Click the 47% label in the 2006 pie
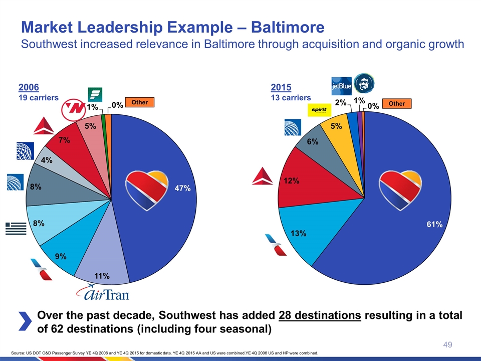(x=182, y=189)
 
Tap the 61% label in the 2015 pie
(x=434, y=225)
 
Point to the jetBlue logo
(x=341, y=86)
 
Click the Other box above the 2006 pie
(x=139, y=102)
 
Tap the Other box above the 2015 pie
(x=396, y=104)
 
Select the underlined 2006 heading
(x=29, y=87)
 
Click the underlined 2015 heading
(x=281, y=87)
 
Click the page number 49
(x=448, y=344)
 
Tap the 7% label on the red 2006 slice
(x=64, y=141)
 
